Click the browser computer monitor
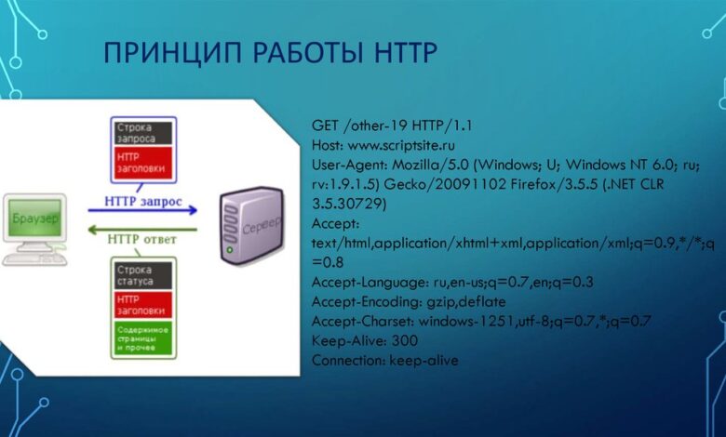coord(35,219)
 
